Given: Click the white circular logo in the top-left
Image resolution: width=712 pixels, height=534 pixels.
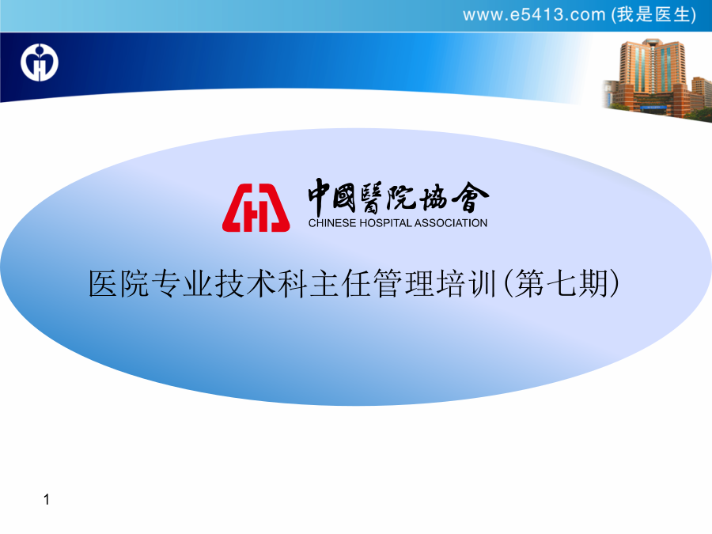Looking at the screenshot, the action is click(x=40, y=62).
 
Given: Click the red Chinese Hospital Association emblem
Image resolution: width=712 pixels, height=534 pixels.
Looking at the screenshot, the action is click(x=256, y=207).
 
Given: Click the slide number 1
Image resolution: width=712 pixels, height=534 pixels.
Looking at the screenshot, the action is click(x=47, y=499).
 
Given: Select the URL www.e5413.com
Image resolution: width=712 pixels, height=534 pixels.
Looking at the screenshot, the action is click(x=535, y=15).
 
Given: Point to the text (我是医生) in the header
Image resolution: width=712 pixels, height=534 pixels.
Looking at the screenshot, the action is click(x=654, y=15).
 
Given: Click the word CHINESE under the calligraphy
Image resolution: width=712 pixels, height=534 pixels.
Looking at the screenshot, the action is click(x=332, y=223).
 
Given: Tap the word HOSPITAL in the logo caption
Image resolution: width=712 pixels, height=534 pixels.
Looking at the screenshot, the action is click(x=385, y=223).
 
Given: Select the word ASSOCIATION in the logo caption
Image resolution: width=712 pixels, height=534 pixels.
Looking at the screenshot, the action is click(x=451, y=223).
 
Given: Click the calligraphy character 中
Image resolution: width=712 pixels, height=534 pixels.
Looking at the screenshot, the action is click(x=320, y=197).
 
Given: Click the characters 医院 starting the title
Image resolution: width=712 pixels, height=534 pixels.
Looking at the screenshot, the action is click(x=119, y=284).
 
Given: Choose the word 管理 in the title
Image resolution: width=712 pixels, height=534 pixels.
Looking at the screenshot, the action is click(x=403, y=284).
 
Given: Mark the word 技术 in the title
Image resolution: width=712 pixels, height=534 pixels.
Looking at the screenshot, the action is click(x=246, y=284).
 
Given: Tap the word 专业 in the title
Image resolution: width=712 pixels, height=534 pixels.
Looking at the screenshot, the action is click(x=182, y=284).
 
